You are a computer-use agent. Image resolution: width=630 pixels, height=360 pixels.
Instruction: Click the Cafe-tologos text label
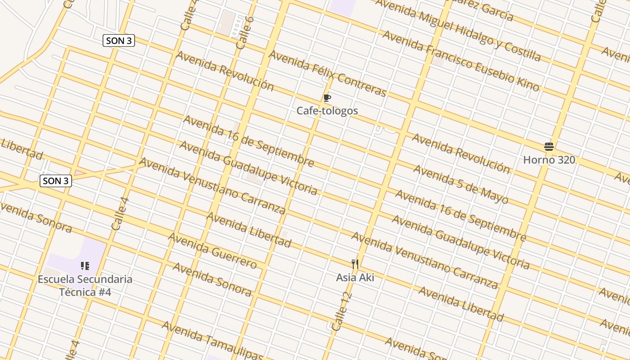tap(327, 111)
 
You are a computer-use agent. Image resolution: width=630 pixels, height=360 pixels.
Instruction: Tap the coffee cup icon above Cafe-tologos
tap(327, 98)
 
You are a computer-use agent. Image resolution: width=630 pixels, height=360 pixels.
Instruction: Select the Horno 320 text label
tap(549, 160)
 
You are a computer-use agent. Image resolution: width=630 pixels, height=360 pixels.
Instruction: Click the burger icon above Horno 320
tap(549, 147)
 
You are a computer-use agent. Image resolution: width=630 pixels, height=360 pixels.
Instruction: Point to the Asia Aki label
tap(355, 277)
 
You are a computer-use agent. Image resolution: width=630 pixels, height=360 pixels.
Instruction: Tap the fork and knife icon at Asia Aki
tap(355, 264)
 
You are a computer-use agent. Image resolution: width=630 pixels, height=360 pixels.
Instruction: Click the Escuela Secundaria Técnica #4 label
tap(85, 285)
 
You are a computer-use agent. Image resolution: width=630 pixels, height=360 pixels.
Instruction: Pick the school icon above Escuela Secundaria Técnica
tap(85, 266)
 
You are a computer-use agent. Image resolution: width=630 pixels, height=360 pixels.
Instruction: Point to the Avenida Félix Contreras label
tap(328, 73)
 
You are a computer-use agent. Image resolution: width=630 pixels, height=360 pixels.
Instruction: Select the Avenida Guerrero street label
tap(212, 250)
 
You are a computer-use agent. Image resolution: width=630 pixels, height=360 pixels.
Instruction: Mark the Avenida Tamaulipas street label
tap(211, 340)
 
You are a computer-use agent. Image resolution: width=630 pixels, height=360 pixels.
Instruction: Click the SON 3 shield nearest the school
tap(56, 181)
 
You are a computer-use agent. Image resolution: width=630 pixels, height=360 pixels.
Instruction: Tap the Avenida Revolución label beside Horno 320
tap(461, 153)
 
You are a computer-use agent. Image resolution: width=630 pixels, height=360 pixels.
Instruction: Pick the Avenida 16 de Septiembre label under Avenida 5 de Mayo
tap(460, 216)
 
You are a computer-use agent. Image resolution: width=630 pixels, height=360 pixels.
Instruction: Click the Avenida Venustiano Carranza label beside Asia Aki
tap(424, 260)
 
